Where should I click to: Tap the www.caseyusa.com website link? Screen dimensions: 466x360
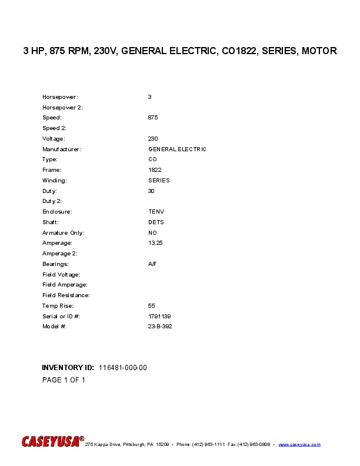pyautogui.click(x=299, y=444)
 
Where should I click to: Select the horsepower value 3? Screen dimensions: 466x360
pyautogui.click(x=150, y=96)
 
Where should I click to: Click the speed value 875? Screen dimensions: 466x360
pyautogui.click(x=153, y=118)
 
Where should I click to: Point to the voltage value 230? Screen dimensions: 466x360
pyautogui.click(x=153, y=139)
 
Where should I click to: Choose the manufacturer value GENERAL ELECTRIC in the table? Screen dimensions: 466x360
pyautogui.click(x=177, y=149)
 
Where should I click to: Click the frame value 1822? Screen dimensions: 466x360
pyautogui.click(x=155, y=170)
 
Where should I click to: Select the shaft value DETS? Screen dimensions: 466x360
pyautogui.click(x=156, y=222)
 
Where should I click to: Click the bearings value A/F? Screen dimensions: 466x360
pyautogui.click(x=152, y=264)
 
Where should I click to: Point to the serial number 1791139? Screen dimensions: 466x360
pyautogui.click(x=159, y=317)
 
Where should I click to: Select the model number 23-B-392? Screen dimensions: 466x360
pyautogui.click(x=160, y=327)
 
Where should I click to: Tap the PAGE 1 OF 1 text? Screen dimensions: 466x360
pyautogui.click(x=64, y=380)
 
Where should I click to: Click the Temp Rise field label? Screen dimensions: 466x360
pyautogui.click(x=58, y=306)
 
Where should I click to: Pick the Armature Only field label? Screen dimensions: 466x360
pyautogui.click(x=64, y=233)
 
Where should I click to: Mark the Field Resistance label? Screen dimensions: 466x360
pyautogui.click(x=66, y=295)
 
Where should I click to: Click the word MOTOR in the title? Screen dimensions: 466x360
pyautogui.click(x=318, y=51)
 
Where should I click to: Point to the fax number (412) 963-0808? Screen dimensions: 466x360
pyautogui.click(x=255, y=444)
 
